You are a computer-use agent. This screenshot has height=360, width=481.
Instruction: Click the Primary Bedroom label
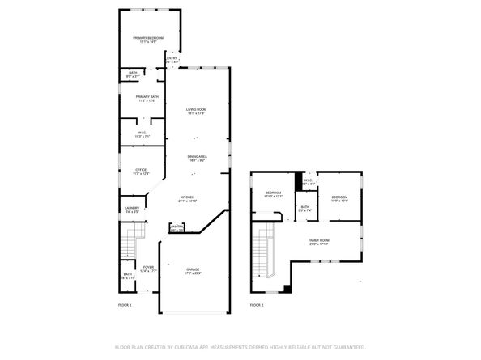click(x=149, y=38)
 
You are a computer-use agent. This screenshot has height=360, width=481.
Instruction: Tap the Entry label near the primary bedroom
click(x=172, y=58)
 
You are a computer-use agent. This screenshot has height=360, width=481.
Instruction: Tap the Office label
click(x=141, y=169)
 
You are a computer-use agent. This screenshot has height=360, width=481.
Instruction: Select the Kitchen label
click(x=187, y=197)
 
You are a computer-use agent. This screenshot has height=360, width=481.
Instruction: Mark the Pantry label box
click(x=175, y=229)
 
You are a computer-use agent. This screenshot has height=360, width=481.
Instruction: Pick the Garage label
click(x=193, y=269)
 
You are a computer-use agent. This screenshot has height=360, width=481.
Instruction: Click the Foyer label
click(x=148, y=268)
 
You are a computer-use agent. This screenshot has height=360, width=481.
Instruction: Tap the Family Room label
click(x=318, y=240)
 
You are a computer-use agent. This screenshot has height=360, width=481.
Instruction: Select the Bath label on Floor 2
click(x=304, y=207)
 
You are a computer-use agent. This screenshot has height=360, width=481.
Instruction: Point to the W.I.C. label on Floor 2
click(x=308, y=180)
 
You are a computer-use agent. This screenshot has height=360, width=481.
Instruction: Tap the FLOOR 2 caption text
click(x=256, y=305)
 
